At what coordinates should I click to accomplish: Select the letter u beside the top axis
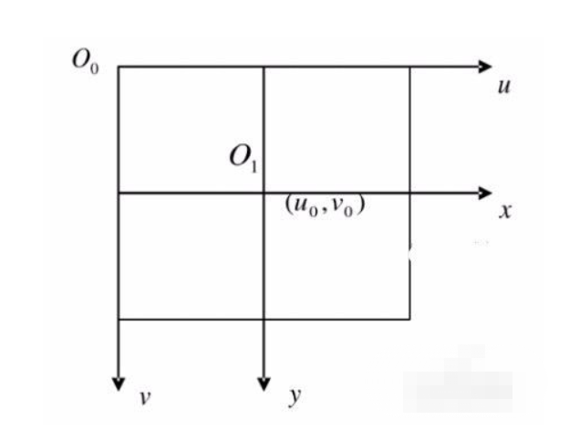point(502,90)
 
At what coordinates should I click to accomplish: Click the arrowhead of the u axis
point(484,67)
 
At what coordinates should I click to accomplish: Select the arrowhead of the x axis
point(484,193)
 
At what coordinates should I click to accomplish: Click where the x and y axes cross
point(264,193)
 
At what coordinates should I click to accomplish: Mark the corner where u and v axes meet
point(119,67)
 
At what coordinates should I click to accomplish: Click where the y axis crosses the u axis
point(264,67)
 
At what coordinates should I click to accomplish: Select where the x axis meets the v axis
point(119,193)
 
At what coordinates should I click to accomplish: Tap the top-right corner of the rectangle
point(409,67)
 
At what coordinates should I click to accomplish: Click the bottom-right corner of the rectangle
point(409,320)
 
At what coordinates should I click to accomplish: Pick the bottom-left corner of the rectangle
point(119,320)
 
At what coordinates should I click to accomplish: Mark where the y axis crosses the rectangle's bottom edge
point(264,320)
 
